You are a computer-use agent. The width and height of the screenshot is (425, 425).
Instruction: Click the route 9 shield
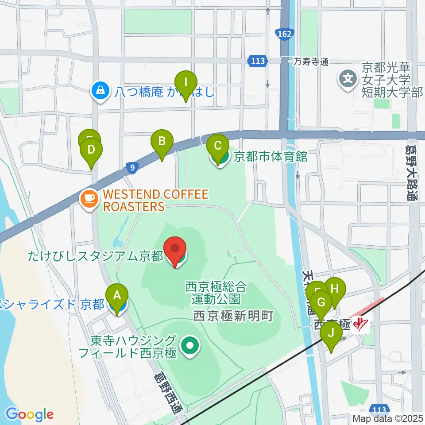(x=131, y=167)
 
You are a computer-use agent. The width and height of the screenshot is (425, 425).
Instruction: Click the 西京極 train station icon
(x=362, y=325)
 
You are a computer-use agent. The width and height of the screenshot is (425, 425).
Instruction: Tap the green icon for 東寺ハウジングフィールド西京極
(x=190, y=347)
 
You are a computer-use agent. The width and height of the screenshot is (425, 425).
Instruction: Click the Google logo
(x=30, y=414)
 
